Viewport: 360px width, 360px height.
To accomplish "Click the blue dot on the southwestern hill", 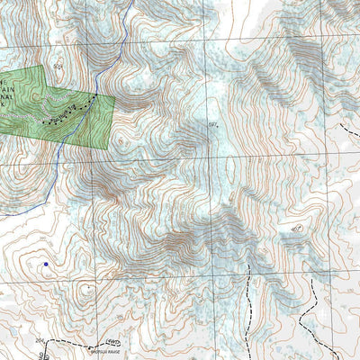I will (x=45, y=265).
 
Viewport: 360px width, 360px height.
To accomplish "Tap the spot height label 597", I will (x=213, y=124).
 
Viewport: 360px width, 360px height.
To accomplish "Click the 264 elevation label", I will (x=39, y=341).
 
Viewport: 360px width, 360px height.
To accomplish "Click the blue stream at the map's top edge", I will (x=132, y=3).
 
